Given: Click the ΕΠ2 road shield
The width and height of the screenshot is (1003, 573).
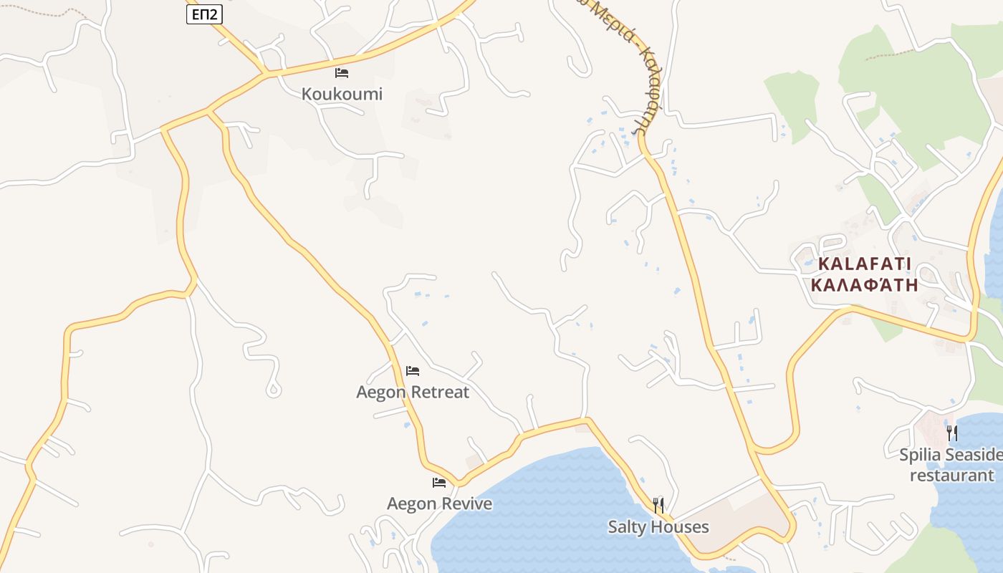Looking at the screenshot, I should [204, 14].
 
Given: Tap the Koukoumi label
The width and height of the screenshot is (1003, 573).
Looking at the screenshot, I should [342, 94].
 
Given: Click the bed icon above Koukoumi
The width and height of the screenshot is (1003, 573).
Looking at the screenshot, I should [342, 72].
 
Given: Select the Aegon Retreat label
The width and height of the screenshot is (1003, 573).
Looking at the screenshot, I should [413, 392].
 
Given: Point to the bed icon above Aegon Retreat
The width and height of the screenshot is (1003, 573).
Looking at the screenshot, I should [413, 370].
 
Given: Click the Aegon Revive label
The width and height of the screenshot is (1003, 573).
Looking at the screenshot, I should [439, 504].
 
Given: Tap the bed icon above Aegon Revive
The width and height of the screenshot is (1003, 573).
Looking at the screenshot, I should [439, 483].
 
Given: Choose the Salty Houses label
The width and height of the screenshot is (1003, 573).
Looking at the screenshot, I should [658, 527].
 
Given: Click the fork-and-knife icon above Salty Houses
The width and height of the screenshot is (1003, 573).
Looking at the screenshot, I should [658, 506].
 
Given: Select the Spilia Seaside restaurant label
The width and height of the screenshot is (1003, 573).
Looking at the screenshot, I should [951, 465].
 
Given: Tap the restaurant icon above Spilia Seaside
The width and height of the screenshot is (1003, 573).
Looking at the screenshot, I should [951, 433].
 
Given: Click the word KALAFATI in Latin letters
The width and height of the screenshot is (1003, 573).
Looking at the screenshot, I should [864, 264].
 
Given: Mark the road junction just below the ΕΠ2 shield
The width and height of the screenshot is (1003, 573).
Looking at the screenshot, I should [267, 72].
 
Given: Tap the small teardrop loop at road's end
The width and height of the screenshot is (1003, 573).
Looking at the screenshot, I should [273, 390].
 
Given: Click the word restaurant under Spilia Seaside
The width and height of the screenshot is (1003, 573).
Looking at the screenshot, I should [951, 475].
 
